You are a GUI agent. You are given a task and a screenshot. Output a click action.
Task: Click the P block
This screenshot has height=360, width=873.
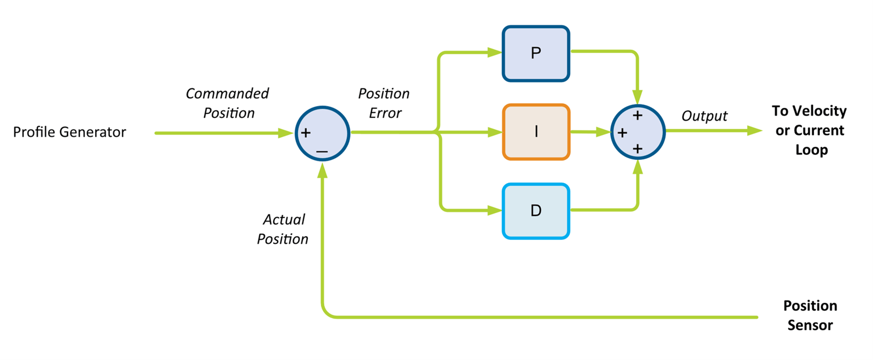click(x=536, y=53)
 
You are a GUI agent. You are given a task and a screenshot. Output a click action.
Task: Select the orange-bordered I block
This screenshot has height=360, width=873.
click(x=536, y=132)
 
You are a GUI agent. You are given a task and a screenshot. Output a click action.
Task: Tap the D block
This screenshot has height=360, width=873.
click(x=536, y=211)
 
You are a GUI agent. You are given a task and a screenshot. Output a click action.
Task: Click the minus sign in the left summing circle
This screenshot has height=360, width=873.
click(x=321, y=151)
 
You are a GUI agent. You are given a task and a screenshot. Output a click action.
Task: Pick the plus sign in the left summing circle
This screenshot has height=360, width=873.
click(x=306, y=134)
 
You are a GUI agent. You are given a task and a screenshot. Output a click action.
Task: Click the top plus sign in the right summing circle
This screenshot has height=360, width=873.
click(x=637, y=116)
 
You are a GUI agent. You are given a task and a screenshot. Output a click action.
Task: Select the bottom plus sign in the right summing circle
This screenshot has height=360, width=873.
click(x=637, y=149)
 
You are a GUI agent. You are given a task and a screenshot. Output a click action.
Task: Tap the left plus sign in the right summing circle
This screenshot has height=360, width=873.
click(x=622, y=133)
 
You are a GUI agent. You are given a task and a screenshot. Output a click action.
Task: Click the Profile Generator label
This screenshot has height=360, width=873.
click(x=70, y=132)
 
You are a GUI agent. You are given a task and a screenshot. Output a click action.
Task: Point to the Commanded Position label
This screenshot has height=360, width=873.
click(x=227, y=103)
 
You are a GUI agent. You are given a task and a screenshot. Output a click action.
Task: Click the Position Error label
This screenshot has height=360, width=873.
click(x=384, y=103)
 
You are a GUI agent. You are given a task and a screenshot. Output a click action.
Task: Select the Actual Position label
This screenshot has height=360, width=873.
click(x=283, y=229)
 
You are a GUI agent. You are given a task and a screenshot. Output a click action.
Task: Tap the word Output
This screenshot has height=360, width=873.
click(x=704, y=116)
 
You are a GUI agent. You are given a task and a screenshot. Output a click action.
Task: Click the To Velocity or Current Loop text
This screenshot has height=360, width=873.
click(x=808, y=130)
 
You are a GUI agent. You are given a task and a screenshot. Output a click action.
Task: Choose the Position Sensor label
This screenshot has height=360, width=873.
click(x=810, y=316)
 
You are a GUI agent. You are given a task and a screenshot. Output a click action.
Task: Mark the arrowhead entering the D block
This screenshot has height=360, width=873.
click(x=495, y=211)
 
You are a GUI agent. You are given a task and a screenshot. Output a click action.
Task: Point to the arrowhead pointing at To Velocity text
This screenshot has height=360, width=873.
click(x=755, y=131)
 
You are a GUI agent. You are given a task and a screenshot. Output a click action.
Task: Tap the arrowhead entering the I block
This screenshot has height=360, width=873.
click(x=495, y=133)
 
